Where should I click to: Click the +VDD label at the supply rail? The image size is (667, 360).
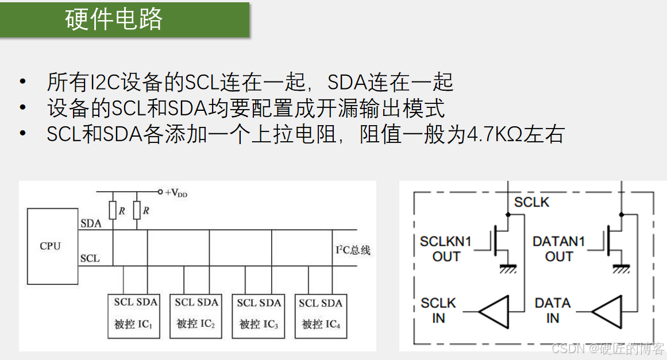click(176, 193)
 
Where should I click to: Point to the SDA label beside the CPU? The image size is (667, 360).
click(91, 223)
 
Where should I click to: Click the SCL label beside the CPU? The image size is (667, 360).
click(90, 258)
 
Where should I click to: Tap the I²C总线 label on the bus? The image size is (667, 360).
click(353, 250)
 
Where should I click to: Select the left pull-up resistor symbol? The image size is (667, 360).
click(113, 211)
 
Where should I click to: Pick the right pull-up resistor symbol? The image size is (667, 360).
click(137, 211)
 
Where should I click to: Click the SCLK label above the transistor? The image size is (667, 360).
click(531, 202)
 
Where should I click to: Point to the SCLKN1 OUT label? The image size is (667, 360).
click(446, 249)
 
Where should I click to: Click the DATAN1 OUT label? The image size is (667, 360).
click(558, 249)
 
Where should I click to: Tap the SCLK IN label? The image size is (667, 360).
click(438, 310)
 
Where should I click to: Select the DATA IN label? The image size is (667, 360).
click(553, 310)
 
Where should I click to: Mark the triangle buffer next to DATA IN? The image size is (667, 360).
click(607, 311)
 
